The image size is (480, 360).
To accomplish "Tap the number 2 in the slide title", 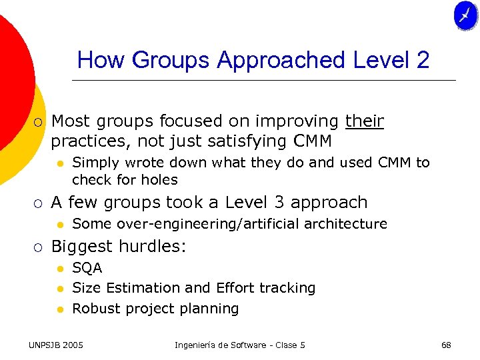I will click(422, 61).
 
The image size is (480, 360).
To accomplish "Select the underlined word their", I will click(364, 121).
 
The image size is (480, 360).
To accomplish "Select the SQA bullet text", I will click(87, 268).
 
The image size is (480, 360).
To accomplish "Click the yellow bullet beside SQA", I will click(59, 269).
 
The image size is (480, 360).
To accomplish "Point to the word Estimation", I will click(143, 288).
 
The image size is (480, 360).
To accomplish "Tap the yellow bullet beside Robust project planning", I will click(59, 309).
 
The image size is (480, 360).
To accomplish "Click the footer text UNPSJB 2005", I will click(56, 345).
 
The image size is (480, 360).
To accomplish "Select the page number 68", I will click(446, 345).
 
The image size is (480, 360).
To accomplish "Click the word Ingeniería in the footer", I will click(198, 345).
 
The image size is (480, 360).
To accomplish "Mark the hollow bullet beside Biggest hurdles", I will click(39, 247).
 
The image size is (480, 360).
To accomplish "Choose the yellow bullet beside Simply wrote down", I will click(59, 163).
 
